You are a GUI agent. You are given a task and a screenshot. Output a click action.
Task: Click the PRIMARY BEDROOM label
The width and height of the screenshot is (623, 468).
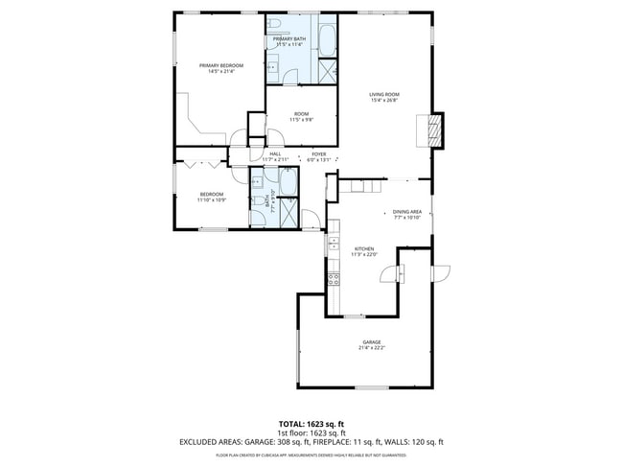(x=220, y=67)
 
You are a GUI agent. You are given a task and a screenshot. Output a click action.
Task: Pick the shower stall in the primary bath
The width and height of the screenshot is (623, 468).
(x=327, y=72)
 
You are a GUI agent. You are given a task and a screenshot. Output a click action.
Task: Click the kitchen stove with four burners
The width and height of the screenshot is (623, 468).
(x=334, y=279)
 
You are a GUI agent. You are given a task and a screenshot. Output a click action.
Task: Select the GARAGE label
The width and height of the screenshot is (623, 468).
(x=371, y=342)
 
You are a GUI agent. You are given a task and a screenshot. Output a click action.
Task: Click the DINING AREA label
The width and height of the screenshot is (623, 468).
(x=407, y=214)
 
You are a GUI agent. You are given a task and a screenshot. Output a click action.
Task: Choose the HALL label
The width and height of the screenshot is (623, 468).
(x=275, y=154)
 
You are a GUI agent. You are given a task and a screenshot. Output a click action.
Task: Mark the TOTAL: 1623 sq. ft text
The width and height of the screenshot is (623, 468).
(x=311, y=423)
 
